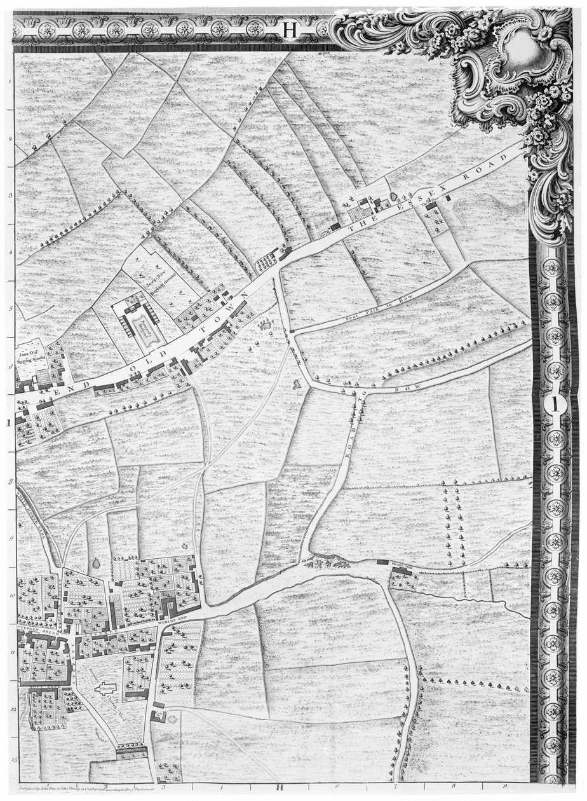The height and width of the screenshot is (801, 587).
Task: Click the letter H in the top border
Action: pos(290,29)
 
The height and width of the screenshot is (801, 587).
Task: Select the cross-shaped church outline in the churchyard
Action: pos(105,688)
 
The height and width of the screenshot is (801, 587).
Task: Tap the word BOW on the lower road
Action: pos(401,386)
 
